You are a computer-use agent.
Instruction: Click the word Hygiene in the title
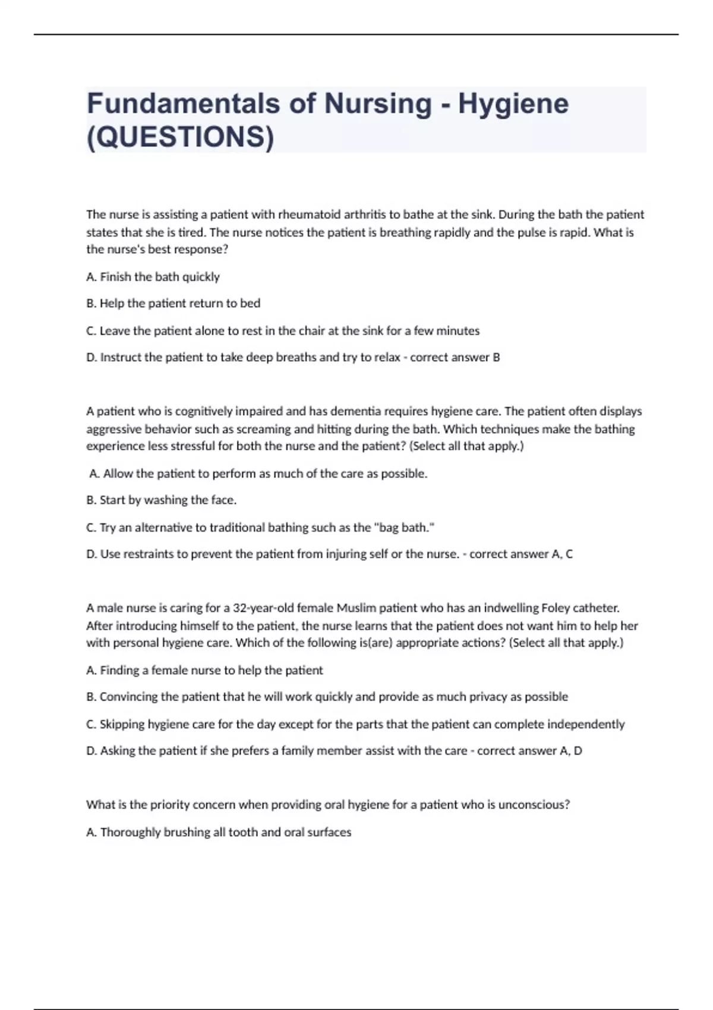click(x=513, y=104)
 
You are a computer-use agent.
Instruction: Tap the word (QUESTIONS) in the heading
click(x=181, y=137)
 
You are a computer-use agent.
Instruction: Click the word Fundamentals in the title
click(x=183, y=104)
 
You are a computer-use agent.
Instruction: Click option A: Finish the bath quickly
click(x=153, y=277)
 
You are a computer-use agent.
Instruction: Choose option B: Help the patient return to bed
click(x=173, y=304)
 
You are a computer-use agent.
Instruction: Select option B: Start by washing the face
click(x=161, y=500)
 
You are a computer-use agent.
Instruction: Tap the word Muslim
click(x=356, y=608)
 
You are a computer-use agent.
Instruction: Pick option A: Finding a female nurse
click(x=204, y=671)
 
